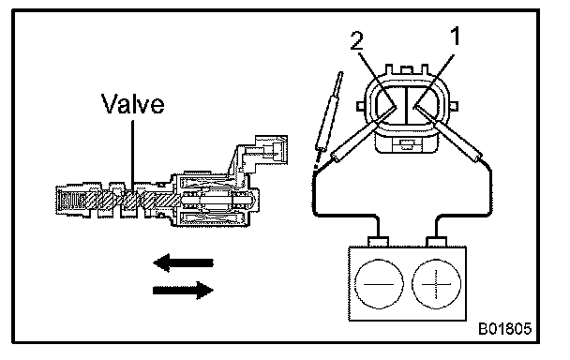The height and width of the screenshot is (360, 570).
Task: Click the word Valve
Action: point(132,103)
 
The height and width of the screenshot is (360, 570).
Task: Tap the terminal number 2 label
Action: point(356,40)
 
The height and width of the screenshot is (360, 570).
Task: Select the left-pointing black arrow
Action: point(183,262)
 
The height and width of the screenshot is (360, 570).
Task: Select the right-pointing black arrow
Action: point(183,290)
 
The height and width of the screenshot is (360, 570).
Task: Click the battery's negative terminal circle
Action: point(379,284)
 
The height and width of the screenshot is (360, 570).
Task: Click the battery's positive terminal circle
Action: point(436,284)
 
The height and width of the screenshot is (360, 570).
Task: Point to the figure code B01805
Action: point(504,328)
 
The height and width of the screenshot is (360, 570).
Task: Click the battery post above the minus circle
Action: point(379,242)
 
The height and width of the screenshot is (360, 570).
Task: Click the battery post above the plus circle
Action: point(436,242)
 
